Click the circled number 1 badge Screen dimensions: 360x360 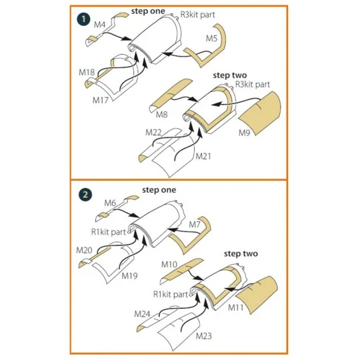83,19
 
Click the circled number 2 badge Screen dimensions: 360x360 85,195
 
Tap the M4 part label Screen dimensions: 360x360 99,25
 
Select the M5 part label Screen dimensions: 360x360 211,38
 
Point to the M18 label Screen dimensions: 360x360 87,72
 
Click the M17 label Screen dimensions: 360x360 100,100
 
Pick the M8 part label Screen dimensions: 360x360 161,115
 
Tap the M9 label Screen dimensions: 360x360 244,133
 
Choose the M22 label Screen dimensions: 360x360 153,132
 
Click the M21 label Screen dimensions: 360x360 203,157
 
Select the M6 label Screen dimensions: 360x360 110,203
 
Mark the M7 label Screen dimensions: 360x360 195,225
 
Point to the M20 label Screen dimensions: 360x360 84,250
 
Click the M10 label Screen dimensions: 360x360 169,265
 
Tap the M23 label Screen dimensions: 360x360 204,336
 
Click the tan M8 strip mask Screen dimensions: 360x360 171,95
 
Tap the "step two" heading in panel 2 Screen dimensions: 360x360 241,254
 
